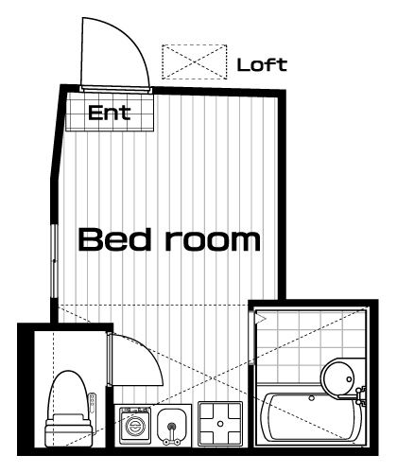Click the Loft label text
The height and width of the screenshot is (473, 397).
(262, 64)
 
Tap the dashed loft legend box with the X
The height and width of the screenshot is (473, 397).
(195, 61)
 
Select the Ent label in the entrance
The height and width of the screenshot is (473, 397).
(110, 113)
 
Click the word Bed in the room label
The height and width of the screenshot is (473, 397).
(113, 239)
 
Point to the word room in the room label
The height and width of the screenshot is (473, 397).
(213, 240)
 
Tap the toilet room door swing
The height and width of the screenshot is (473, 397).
(148, 353)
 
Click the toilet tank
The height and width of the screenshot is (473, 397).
(69, 431)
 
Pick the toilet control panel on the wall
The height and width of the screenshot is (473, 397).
(93, 403)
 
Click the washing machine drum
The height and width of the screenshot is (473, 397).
(134, 426)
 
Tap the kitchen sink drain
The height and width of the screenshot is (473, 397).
(172, 427)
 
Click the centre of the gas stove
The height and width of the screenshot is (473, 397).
(220, 424)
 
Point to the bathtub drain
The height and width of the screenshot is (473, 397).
(312, 398)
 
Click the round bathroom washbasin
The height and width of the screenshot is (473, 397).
(337, 377)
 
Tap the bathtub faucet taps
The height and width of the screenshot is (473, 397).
(361, 394)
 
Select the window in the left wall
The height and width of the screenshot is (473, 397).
(55, 261)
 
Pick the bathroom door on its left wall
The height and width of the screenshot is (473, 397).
(251, 338)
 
